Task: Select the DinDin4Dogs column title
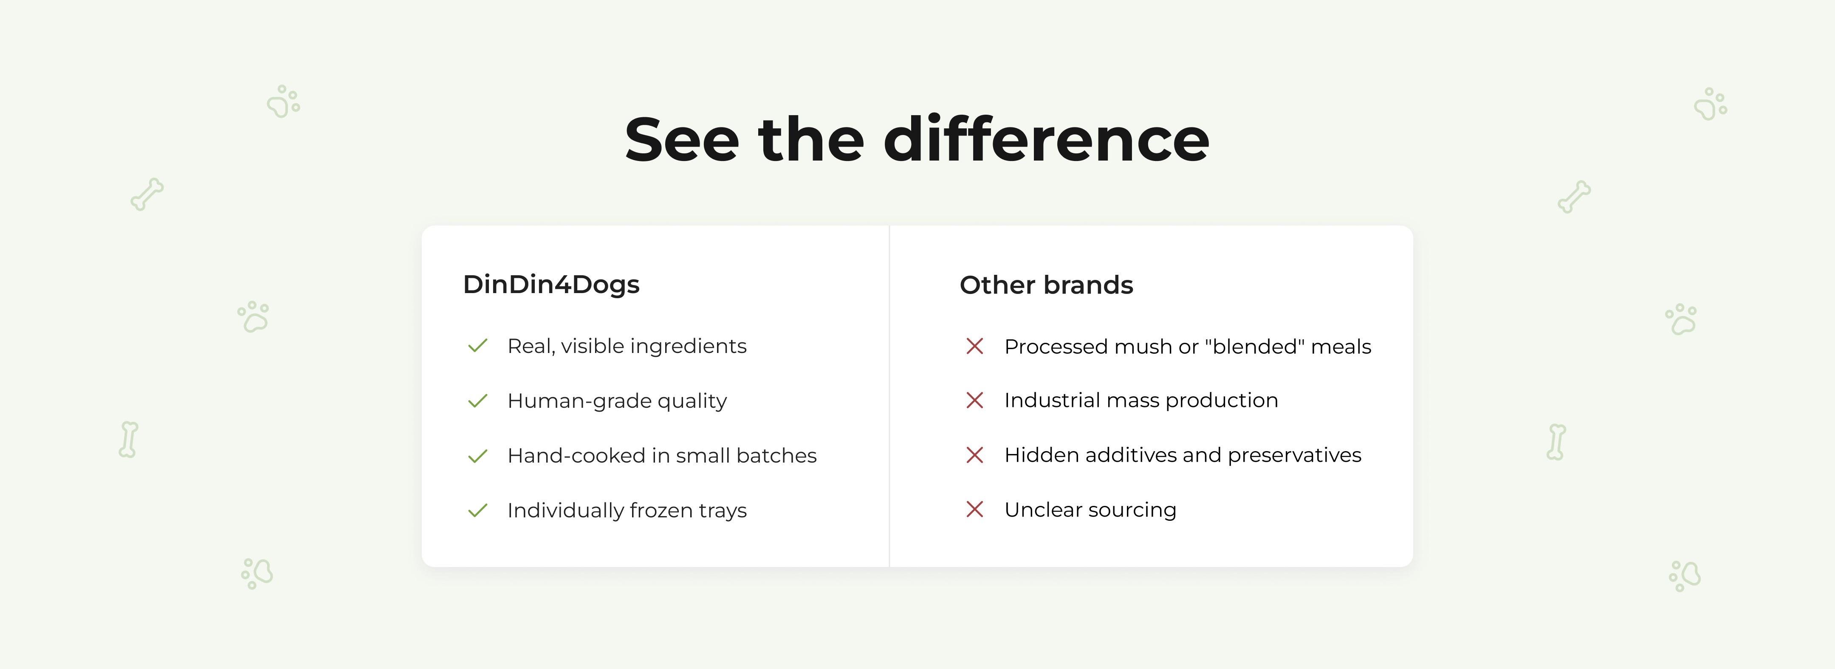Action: (551, 284)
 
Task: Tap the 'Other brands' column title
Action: (1046, 285)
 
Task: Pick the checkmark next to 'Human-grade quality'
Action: (477, 401)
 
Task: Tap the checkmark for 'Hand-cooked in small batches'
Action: (477, 455)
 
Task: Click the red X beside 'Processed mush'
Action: (974, 346)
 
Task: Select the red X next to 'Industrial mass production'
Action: (974, 401)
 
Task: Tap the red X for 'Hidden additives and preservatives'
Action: (974, 454)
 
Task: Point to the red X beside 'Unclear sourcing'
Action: (974, 509)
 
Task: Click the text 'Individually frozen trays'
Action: (627, 511)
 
